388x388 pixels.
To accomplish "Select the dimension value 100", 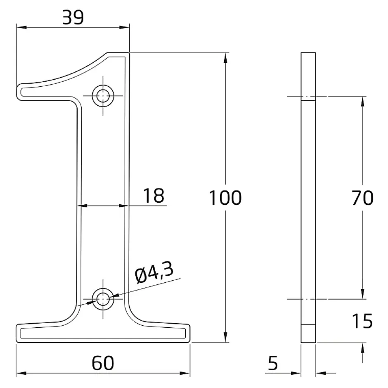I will [x=225, y=198].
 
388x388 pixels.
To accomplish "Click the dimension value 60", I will [x=103, y=363].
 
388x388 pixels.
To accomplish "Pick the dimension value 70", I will [x=363, y=198].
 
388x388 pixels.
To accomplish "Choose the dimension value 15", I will [x=362, y=321].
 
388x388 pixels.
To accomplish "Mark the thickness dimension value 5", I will [x=273, y=363].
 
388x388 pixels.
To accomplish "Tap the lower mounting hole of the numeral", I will [x=103, y=298].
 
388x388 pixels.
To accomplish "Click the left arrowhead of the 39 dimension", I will [x=20, y=28].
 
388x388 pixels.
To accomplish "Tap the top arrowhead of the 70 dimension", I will [x=363, y=101].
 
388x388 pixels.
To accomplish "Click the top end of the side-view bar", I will [x=308, y=54].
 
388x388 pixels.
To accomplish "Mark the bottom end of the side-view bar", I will [x=308, y=342].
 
